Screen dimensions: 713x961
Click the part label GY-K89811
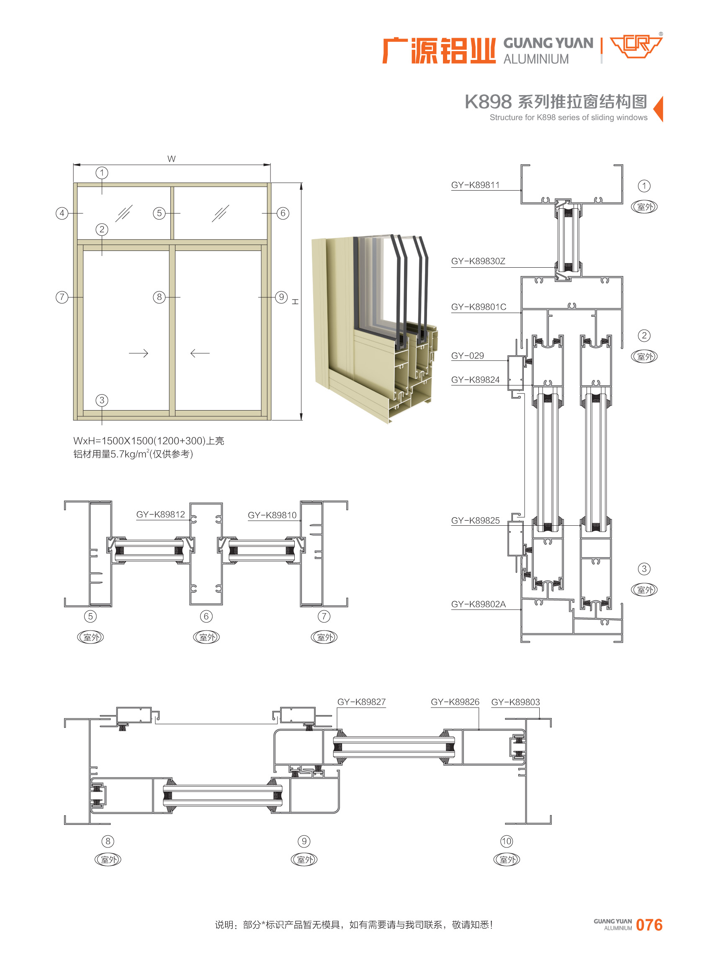(x=475, y=185)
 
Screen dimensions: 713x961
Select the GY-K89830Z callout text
(x=478, y=261)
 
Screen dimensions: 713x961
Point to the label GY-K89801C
(x=479, y=307)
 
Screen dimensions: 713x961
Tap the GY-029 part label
(x=467, y=356)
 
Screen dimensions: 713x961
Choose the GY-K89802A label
(x=478, y=604)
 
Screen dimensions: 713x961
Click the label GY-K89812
(x=160, y=514)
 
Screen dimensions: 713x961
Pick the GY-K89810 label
(x=272, y=515)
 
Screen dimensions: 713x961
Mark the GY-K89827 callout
(x=362, y=702)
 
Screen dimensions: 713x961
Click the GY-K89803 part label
(x=516, y=702)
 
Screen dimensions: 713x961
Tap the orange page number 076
(x=649, y=925)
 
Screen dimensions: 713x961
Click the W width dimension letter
(x=171, y=158)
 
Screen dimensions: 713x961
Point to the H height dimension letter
(x=295, y=302)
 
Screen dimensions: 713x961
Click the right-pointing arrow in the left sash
(x=139, y=353)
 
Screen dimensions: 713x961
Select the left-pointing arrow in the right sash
(x=200, y=353)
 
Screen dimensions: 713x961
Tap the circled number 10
(x=507, y=841)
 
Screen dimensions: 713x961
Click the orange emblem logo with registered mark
(x=636, y=45)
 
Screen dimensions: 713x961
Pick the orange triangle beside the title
(x=658, y=108)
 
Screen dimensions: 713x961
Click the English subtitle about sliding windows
(x=569, y=117)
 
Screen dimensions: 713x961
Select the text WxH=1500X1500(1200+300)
(x=139, y=441)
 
